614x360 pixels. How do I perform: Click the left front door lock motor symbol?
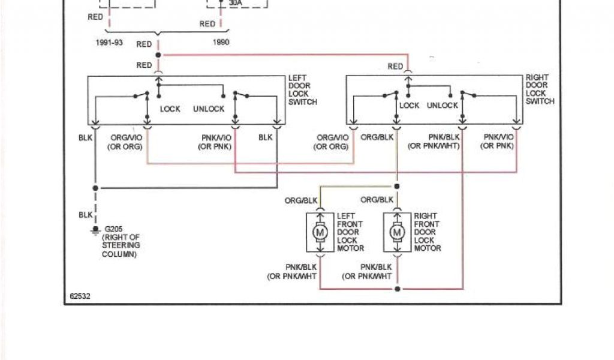320,232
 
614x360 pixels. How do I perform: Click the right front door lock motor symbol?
396,232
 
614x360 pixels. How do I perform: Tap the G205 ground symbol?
94,230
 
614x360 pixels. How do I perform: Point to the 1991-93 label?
109,43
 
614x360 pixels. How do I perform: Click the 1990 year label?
221,43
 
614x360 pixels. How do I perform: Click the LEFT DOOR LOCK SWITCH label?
302,90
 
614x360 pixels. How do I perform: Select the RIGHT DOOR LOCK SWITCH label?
540,89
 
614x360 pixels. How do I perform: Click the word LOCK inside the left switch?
170,109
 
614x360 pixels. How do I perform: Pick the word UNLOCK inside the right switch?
442,106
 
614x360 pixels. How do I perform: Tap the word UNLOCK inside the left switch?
209,109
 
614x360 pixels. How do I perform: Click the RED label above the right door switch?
395,67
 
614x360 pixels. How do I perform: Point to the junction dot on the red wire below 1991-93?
158,55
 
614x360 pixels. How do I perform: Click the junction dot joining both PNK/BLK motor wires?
396,289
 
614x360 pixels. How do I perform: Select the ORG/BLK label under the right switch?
377,137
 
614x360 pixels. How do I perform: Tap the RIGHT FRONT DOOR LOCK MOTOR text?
427,232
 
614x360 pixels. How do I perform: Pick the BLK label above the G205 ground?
85,214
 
